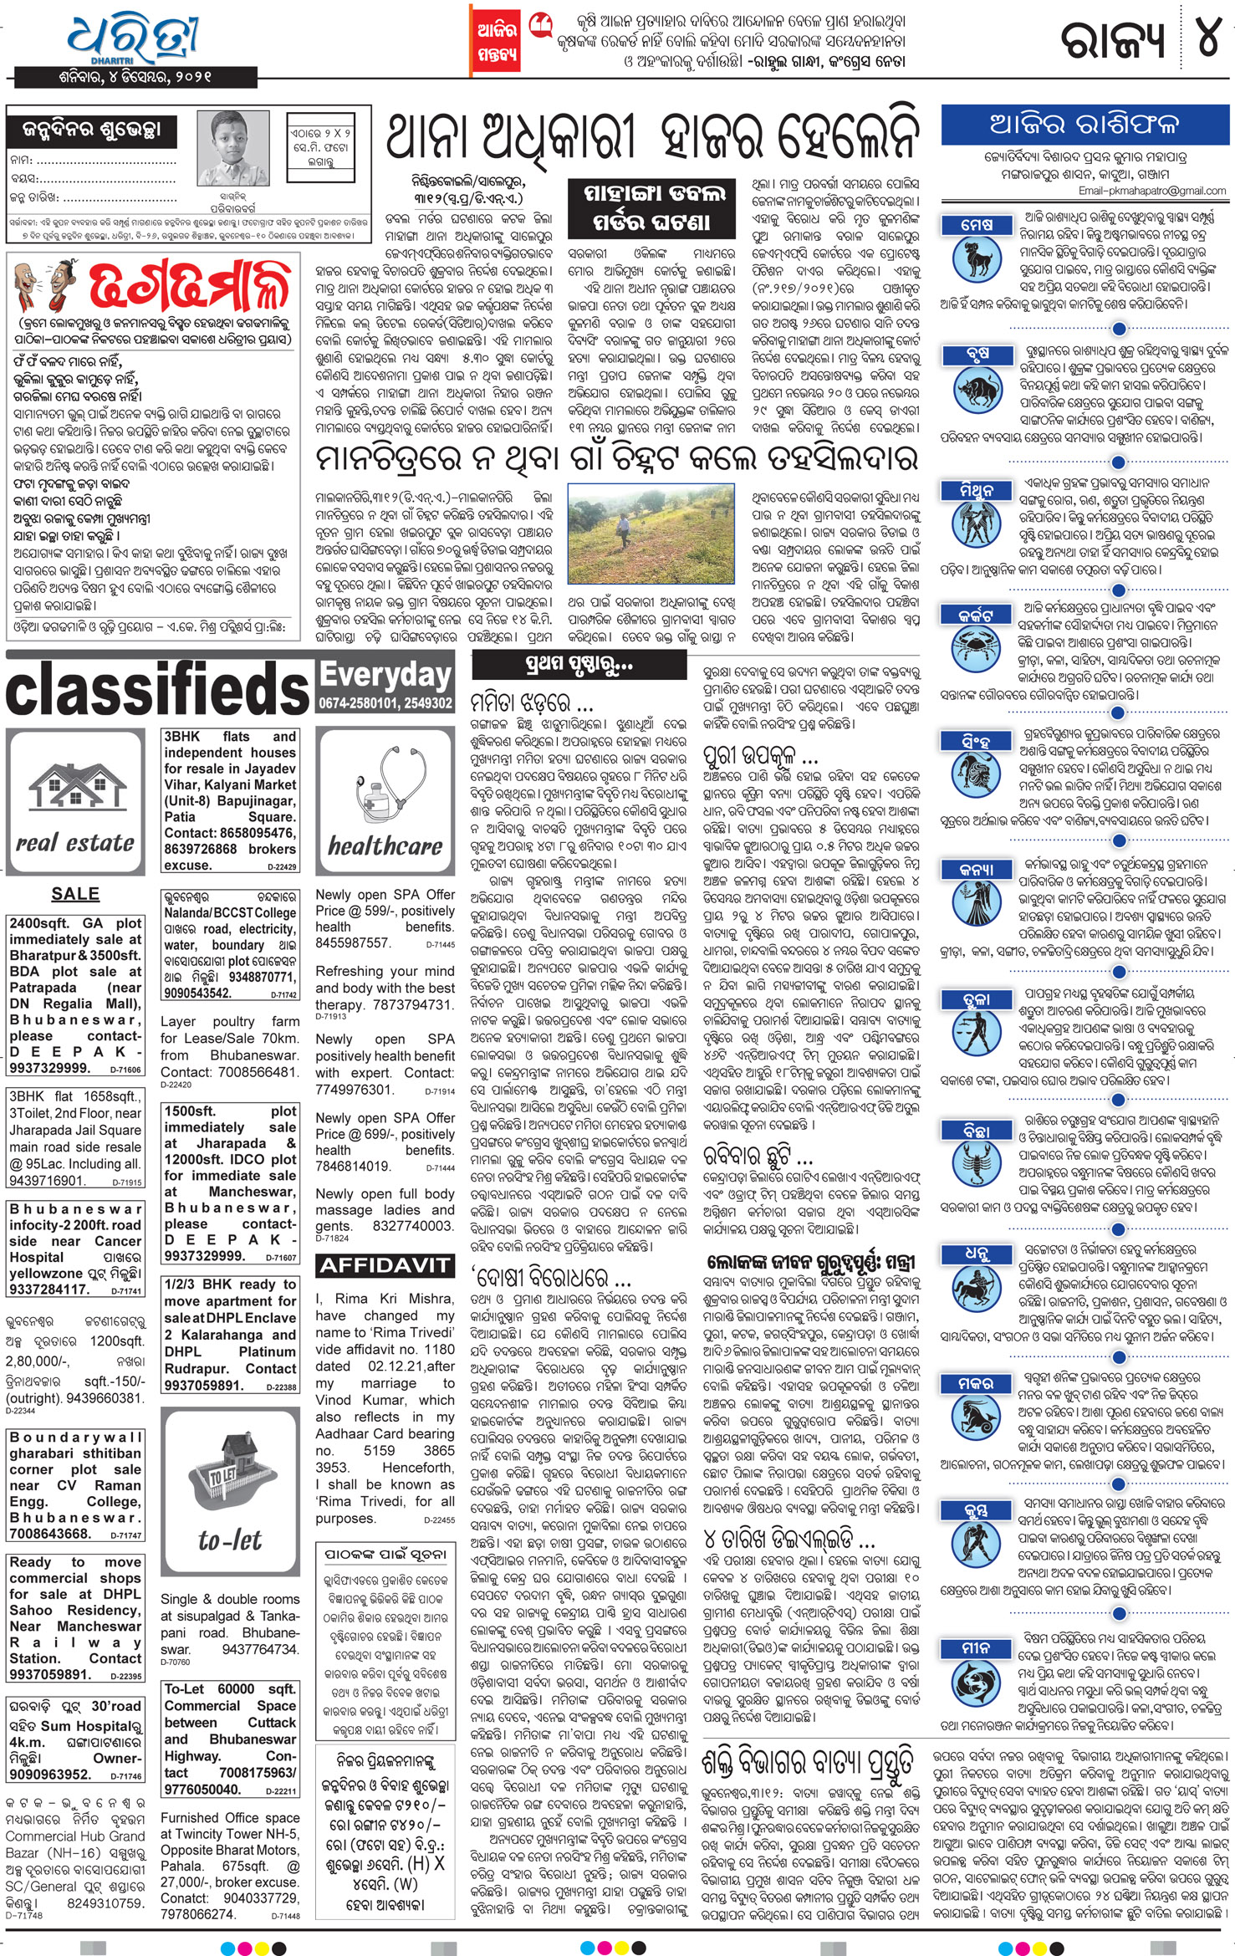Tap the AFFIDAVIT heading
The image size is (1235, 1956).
click(x=385, y=1266)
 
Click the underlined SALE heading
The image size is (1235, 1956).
click(x=75, y=893)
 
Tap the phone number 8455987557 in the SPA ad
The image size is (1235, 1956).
click(x=353, y=942)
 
